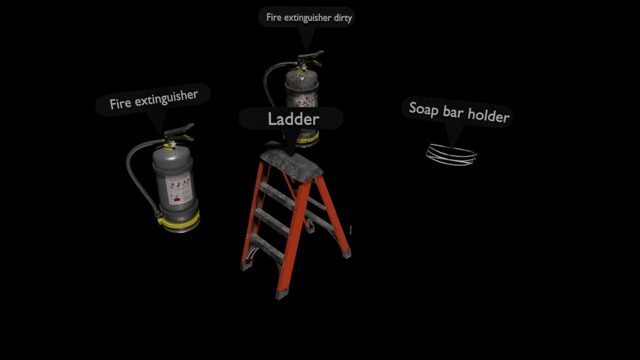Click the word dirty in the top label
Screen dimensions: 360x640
tap(340, 18)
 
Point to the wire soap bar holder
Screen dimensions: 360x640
tap(451, 154)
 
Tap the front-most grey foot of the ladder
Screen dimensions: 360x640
tap(282, 293)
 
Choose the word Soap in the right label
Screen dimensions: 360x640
tap(421, 109)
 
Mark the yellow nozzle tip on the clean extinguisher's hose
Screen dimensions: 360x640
tap(158, 215)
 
